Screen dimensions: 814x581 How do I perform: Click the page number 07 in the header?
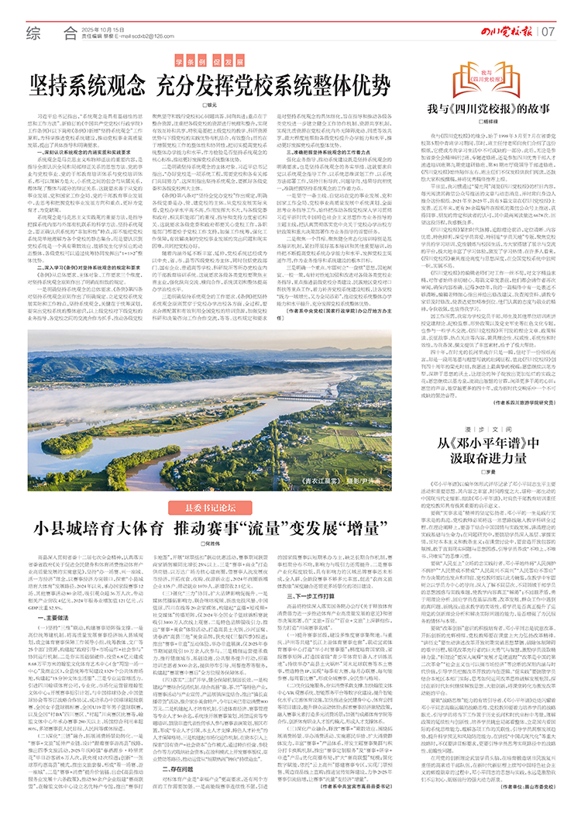549,32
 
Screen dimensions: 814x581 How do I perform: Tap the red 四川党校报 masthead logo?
507,31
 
